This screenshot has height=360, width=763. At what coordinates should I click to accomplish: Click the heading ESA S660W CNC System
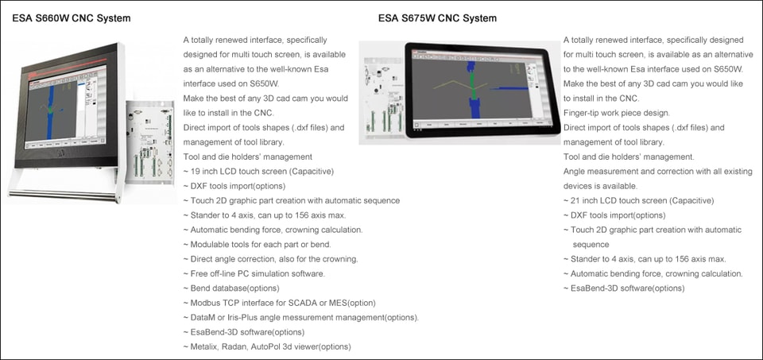click(72, 18)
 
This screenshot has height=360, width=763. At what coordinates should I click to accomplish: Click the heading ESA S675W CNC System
click(437, 18)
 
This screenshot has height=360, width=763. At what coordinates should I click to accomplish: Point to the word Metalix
click(204, 346)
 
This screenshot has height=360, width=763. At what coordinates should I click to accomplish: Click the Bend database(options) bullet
click(231, 288)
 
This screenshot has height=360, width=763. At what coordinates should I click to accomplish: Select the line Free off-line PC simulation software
click(254, 273)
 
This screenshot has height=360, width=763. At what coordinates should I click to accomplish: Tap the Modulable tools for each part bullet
click(257, 244)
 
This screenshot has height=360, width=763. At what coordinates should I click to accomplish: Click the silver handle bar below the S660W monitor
click(62, 195)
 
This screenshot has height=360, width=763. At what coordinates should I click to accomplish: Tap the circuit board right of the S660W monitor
click(150, 142)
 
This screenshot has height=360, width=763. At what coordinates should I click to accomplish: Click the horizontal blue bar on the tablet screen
click(509, 88)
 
